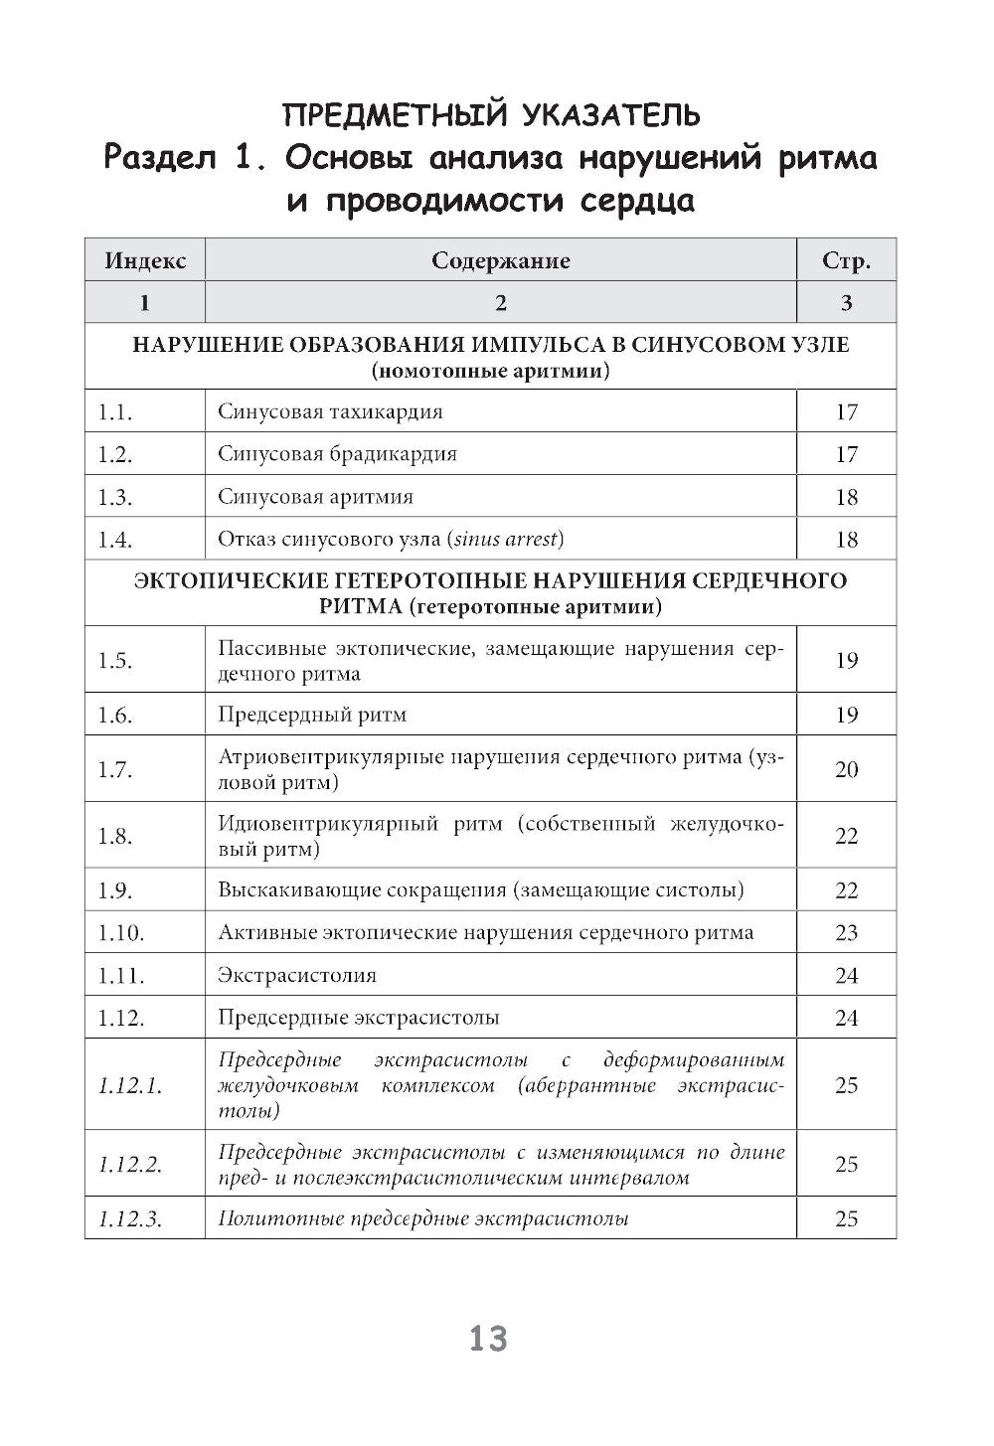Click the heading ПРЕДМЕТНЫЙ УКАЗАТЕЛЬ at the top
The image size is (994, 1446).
point(491,115)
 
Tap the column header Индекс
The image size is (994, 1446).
point(145,260)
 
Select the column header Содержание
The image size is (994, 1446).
point(500,260)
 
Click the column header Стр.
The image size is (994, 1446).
point(846,261)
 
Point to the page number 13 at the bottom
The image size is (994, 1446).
point(488,1339)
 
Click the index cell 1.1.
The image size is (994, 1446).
point(115,411)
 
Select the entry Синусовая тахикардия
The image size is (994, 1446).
point(330,411)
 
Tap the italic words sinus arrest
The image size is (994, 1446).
point(507,540)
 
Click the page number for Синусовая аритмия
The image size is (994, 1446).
point(846,497)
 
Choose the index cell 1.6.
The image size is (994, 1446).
point(115,715)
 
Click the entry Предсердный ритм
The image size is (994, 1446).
point(312,715)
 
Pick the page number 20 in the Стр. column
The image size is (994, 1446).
point(846,769)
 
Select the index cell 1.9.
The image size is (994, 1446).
point(115,890)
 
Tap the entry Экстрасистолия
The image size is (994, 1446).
point(297,975)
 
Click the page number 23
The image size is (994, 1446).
point(846,933)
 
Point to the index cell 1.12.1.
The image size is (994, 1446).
point(130,1085)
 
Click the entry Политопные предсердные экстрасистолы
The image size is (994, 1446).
point(422,1218)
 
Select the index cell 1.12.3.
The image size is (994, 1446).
point(130,1219)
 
